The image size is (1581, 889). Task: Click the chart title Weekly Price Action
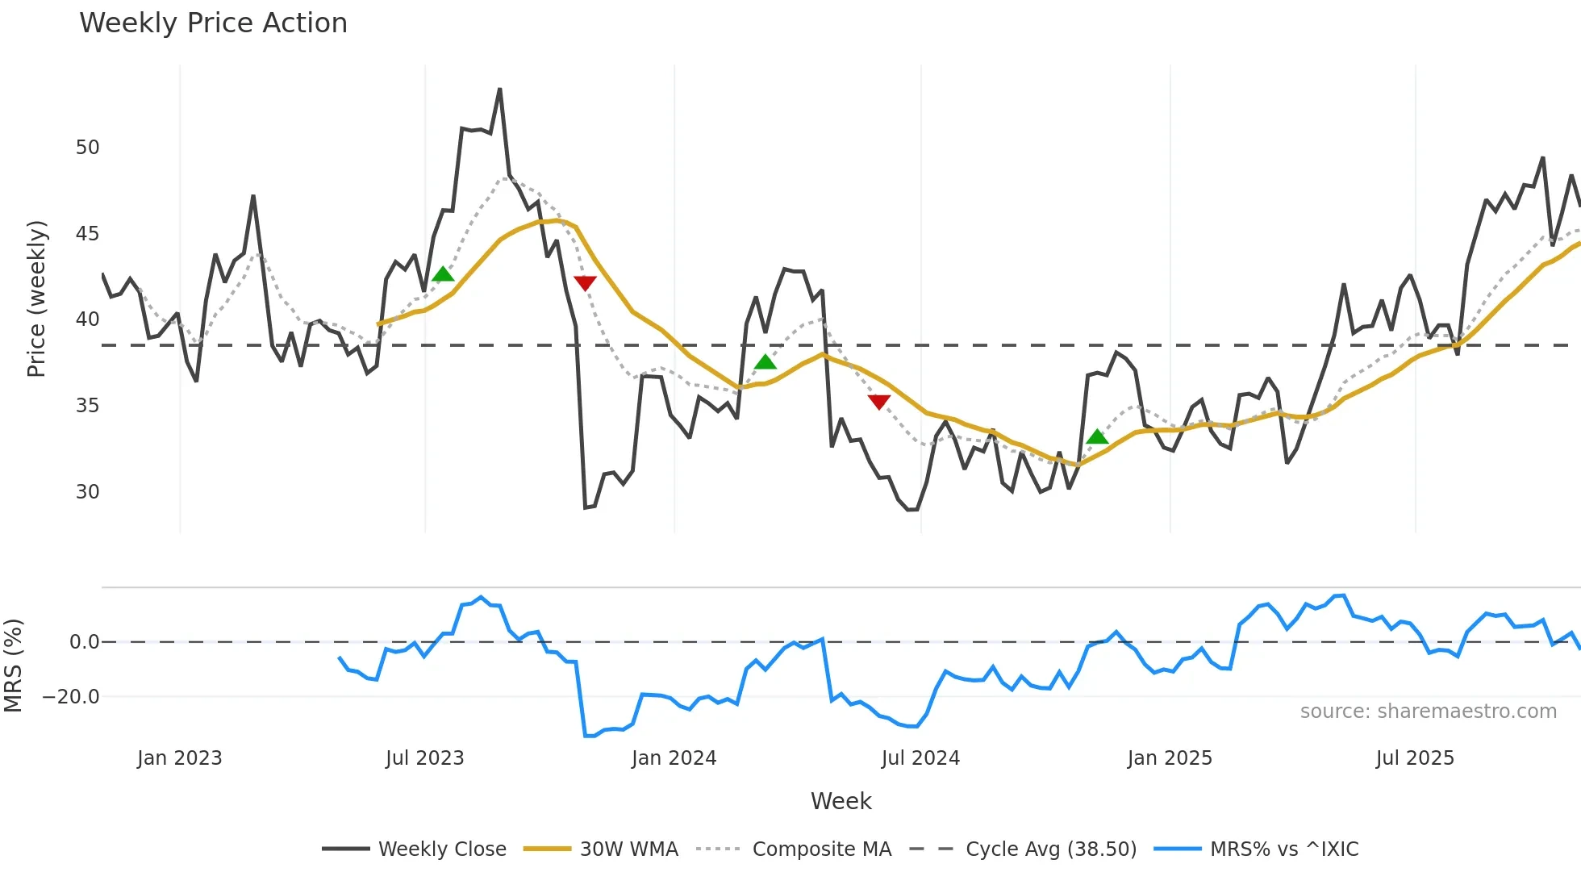click(x=213, y=23)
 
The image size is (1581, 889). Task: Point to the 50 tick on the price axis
click(x=88, y=148)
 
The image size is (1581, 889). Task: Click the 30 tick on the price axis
click(x=88, y=491)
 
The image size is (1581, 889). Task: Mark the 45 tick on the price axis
click(x=88, y=234)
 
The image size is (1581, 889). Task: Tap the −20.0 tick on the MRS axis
click(x=72, y=696)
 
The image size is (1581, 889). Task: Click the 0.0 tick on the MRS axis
click(x=85, y=642)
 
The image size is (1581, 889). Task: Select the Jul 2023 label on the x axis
click(x=425, y=758)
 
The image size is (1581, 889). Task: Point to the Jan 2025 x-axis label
click(x=1170, y=758)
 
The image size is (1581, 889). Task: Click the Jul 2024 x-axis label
click(x=920, y=758)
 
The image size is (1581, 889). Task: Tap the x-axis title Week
click(x=841, y=801)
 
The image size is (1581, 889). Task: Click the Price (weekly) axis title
click(x=36, y=298)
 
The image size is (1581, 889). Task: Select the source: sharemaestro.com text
click(x=1428, y=712)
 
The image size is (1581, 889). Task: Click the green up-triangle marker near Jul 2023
click(x=443, y=275)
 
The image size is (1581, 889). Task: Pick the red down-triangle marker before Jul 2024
click(x=879, y=401)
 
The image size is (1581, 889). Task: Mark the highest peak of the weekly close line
click(x=500, y=90)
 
